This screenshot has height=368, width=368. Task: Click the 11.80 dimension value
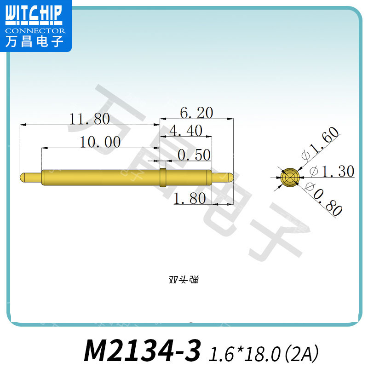pos(89,120)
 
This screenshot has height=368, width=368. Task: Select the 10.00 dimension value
pos(100,142)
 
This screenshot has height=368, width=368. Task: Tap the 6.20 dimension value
pos(196,113)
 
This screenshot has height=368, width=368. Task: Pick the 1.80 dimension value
pos(189,199)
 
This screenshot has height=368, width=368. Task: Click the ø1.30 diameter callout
pos(332,172)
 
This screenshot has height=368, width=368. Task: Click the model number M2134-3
pos(143,351)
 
